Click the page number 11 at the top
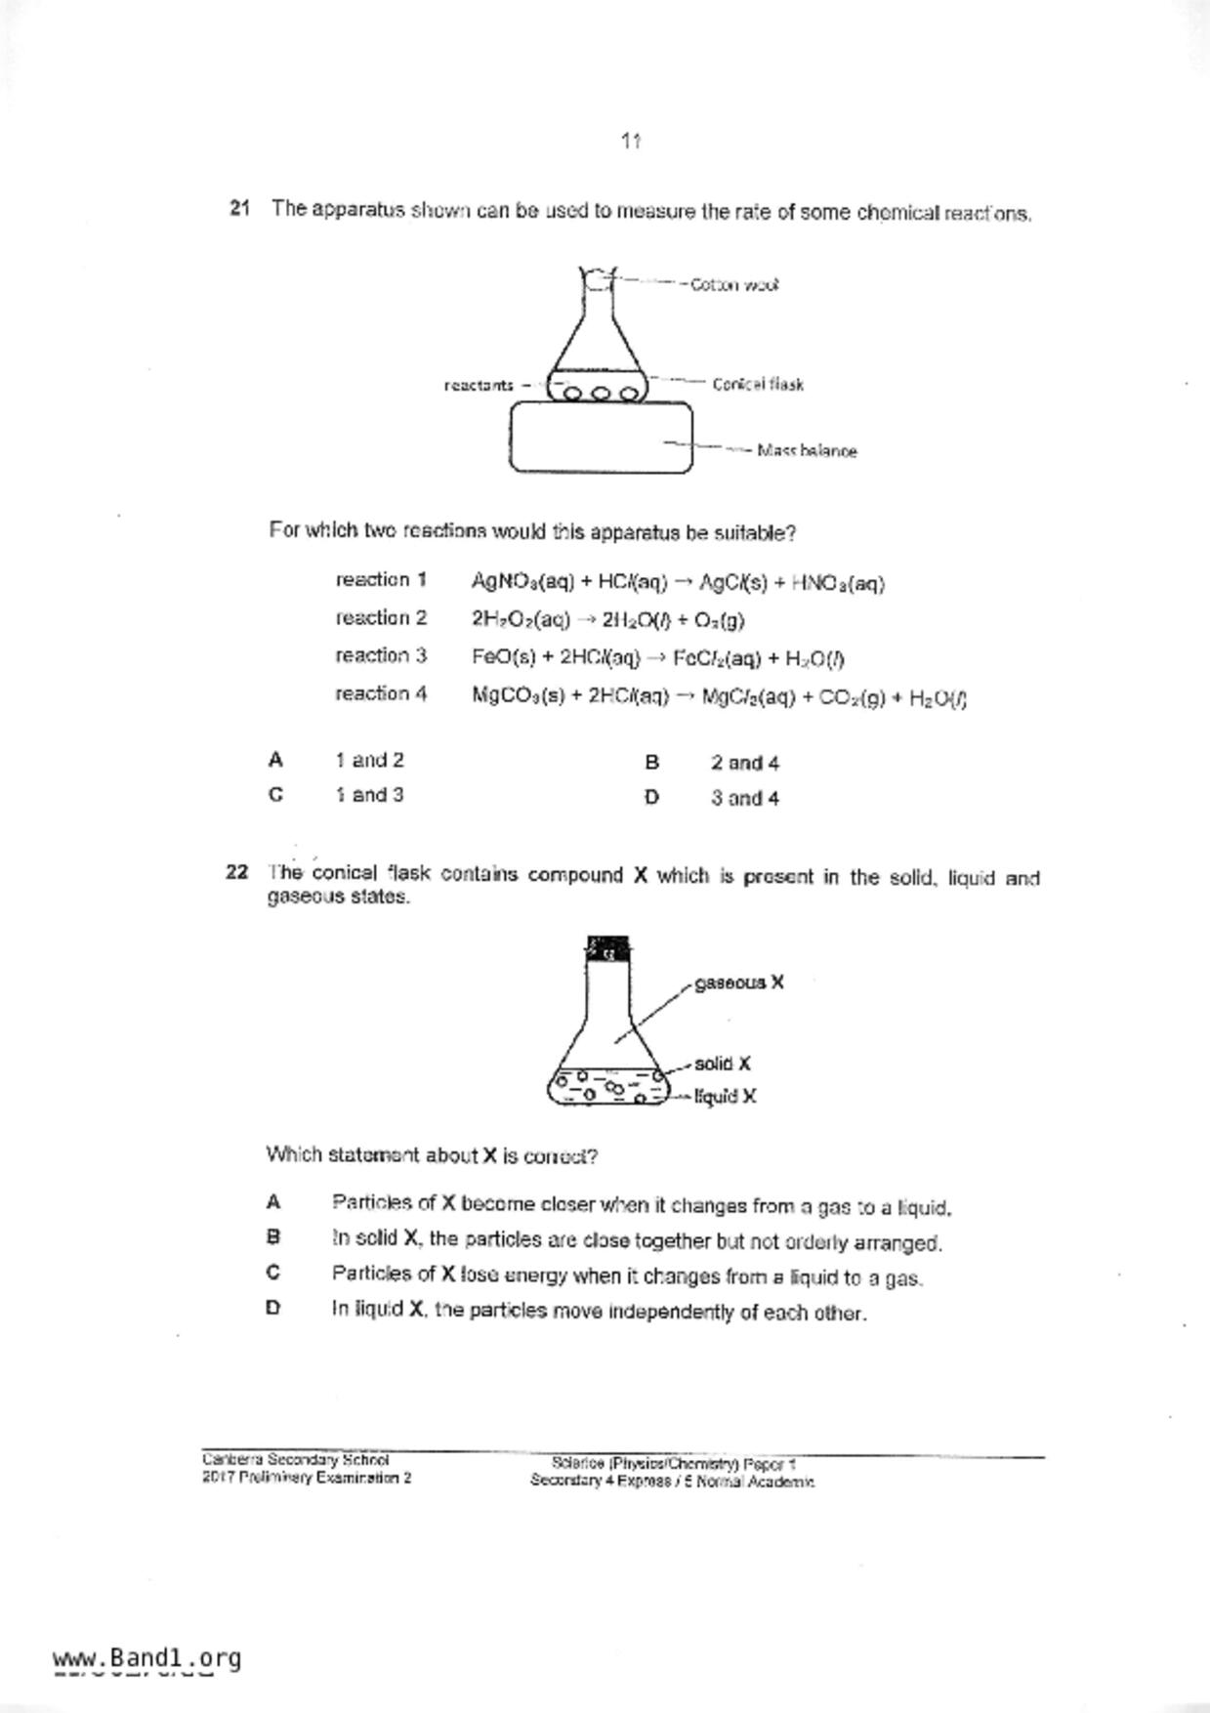click(x=630, y=142)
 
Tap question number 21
click(x=240, y=208)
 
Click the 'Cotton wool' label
click(x=733, y=285)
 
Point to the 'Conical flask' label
click(x=758, y=384)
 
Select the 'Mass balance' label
click(x=807, y=451)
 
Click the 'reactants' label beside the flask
click(x=479, y=385)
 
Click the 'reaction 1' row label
click(x=381, y=580)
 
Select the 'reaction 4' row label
click(x=381, y=693)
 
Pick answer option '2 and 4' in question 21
click(x=744, y=763)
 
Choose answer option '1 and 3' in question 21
click(x=369, y=795)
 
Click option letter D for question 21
click(x=651, y=798)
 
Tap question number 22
click(x=236, y=872)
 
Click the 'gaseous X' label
click(x=738, y=982)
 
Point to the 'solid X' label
click(x=723, y=1064)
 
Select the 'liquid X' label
click(x=726, y=1097)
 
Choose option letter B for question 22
click(x=273, y=1237)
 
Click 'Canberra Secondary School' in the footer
click(x=296, y=1460)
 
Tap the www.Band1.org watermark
click(x=146, y=1658)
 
